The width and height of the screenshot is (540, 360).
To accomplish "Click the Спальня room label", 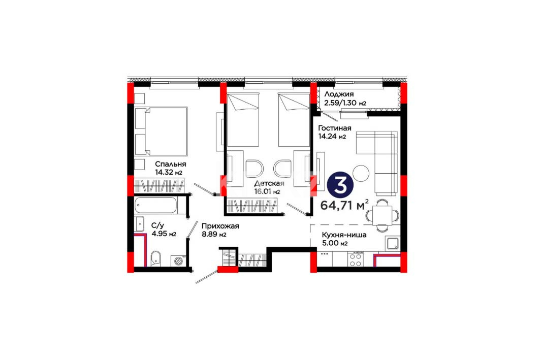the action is [171, 164].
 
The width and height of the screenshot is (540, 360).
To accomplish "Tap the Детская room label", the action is [269, 183].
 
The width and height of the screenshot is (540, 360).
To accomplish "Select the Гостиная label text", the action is [335, 128].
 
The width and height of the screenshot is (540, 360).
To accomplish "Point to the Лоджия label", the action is [339, 94].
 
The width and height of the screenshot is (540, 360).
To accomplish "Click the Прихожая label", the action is [220, 226].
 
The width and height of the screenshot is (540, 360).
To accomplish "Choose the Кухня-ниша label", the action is [344, 236].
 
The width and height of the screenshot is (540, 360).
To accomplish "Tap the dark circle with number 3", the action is [340, 186].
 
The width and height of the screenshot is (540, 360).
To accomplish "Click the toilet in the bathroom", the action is [155, 258].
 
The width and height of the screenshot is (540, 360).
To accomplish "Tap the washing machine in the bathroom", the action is [178, 260].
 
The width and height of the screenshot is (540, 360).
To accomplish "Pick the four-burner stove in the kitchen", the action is [356, 260].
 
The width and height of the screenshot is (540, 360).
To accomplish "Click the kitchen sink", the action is [392, 243].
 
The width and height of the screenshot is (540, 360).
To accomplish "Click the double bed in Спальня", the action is [161, 131].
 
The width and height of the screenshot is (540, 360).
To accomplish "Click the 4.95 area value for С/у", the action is [164, 234].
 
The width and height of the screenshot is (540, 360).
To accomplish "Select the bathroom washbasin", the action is [140, 224].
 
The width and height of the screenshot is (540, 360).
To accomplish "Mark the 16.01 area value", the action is [267, 191].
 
